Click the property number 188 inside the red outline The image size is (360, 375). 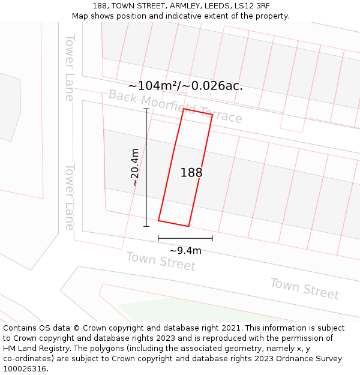[191, 173]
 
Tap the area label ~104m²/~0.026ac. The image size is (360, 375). [185, 86]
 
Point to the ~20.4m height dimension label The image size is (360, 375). [135, 167]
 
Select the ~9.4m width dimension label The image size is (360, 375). [185, 250]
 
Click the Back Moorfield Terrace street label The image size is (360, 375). [175, 106]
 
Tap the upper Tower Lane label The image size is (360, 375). [70, 67]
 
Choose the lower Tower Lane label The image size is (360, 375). [70, 197]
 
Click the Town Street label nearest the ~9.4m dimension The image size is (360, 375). [161, 261]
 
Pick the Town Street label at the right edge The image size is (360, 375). [304, 288]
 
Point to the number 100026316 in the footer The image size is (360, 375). [23, 369]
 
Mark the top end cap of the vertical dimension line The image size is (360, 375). [146, 109]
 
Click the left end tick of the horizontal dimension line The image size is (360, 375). [158, 238]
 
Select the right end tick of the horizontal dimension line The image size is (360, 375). [212, 238]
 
